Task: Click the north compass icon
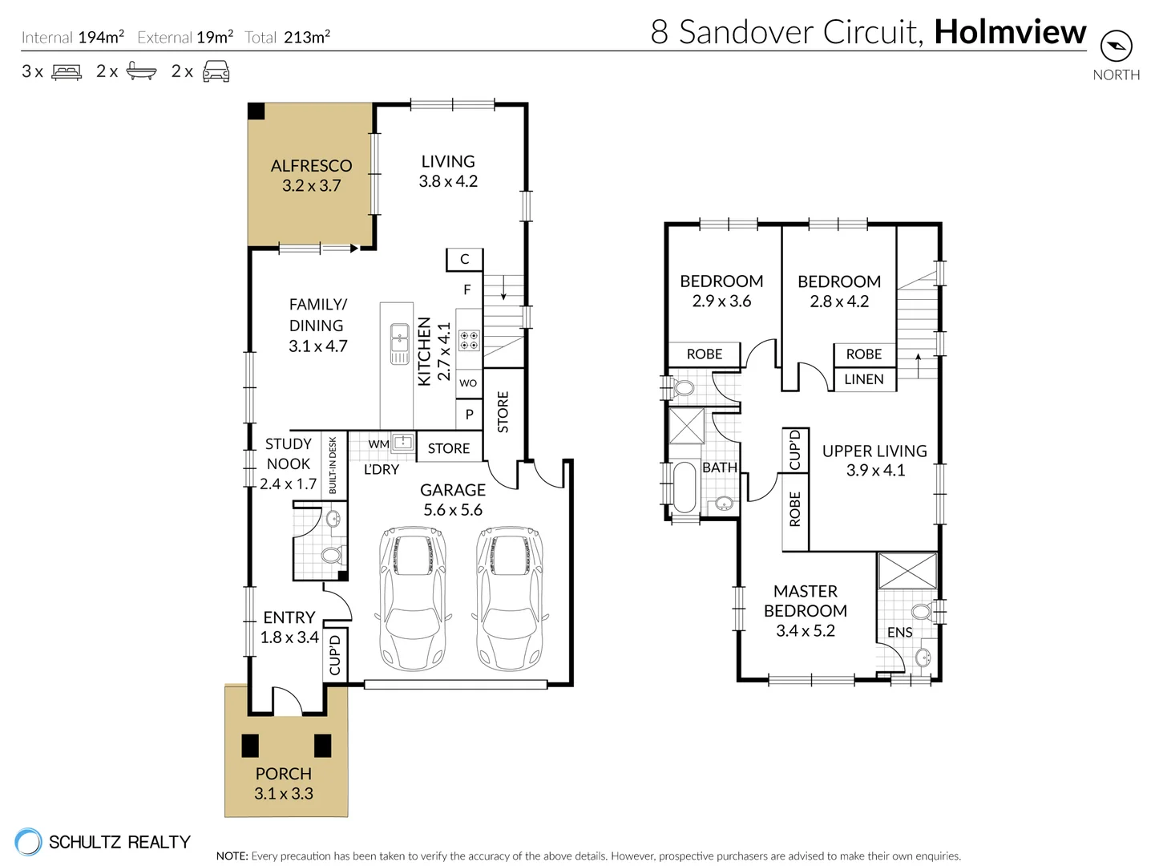1116,47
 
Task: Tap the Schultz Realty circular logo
28,841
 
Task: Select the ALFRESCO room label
311,166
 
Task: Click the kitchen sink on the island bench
399,344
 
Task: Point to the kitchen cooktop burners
468,340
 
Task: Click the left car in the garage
413,598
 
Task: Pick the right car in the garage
510,598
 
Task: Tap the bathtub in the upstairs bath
684,487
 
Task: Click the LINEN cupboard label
863,379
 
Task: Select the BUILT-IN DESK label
333,465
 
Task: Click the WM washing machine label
378,444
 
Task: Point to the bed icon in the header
67,71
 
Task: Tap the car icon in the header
216,71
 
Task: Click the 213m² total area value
307,37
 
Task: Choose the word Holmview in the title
1010,31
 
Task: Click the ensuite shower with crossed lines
907,571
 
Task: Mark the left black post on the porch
250,746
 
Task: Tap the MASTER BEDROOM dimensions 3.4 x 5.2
805,631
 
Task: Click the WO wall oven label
468,383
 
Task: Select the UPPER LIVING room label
874,451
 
